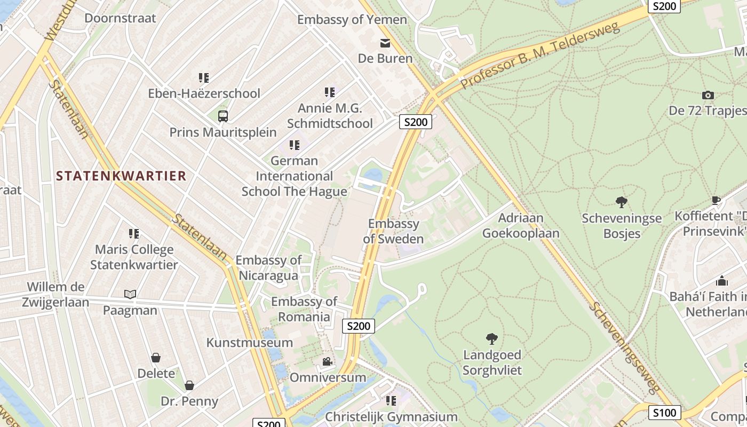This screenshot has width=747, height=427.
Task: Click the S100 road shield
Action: coord(665,412)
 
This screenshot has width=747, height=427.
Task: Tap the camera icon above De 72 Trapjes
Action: coord(708,96)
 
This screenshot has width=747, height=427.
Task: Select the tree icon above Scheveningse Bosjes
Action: coord(621,202)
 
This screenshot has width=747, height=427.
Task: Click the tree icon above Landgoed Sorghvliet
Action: coord(491,338)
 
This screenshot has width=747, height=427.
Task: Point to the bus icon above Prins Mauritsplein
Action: coord(223,116)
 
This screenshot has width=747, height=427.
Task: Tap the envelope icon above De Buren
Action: coord(385,43)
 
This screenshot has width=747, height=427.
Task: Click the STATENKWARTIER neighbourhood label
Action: coord(121,176)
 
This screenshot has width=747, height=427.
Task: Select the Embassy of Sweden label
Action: coord(393,231)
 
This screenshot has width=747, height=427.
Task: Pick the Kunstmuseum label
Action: coord(250,343)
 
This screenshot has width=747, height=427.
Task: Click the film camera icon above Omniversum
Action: coord(328,362)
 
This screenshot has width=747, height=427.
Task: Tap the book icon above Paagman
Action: coord(130,294)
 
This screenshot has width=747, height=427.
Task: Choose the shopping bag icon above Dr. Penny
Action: coord(189,385)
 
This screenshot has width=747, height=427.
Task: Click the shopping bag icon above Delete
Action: coord(156,358)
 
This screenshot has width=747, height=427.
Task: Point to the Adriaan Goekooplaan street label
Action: coord(521,225)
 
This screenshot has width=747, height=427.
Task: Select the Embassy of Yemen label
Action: coord(352,20)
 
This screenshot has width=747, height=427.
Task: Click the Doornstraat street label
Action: coord(120,18)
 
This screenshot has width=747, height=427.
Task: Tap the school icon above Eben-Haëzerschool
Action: coord(203,78)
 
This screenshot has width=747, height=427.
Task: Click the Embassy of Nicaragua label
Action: coord(268,268)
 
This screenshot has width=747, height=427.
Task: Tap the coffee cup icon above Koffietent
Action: coord(716,201)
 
